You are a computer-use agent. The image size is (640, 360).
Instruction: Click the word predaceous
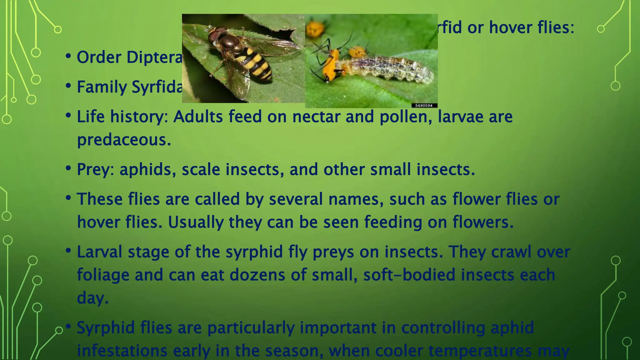coord(124,140)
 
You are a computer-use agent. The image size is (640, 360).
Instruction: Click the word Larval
coord(99,252)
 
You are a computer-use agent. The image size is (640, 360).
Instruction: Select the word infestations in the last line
coord(122,351)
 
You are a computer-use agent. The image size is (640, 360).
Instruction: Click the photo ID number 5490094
coord(424,106)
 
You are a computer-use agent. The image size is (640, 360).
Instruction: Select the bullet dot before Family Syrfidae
coord(68,86)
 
